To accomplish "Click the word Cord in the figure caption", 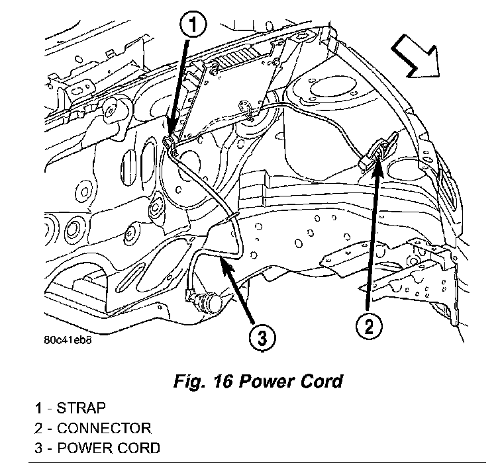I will click(319, 382).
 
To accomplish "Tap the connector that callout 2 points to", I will click(376, 149).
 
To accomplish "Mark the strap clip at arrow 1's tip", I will click(170, 142).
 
